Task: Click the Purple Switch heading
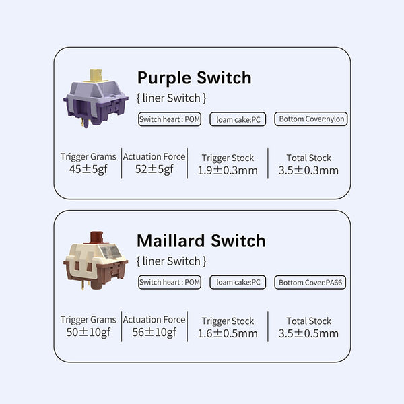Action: point(194,77)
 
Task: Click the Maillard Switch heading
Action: point(201,240)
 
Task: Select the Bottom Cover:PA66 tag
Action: point(311,283)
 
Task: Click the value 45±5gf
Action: point(88,170)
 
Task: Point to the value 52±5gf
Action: point(154,170)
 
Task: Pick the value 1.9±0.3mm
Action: point(228,170)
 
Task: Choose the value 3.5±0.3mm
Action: point(308,170)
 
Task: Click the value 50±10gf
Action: point(88,333)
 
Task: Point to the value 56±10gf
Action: point(154,333)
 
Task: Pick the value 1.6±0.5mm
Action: point(228,333)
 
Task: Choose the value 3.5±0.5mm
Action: point(308,333)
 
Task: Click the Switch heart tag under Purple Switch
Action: point(170,119)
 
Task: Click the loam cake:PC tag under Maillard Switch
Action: point(238,282)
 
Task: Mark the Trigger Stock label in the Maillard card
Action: point(228,321)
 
